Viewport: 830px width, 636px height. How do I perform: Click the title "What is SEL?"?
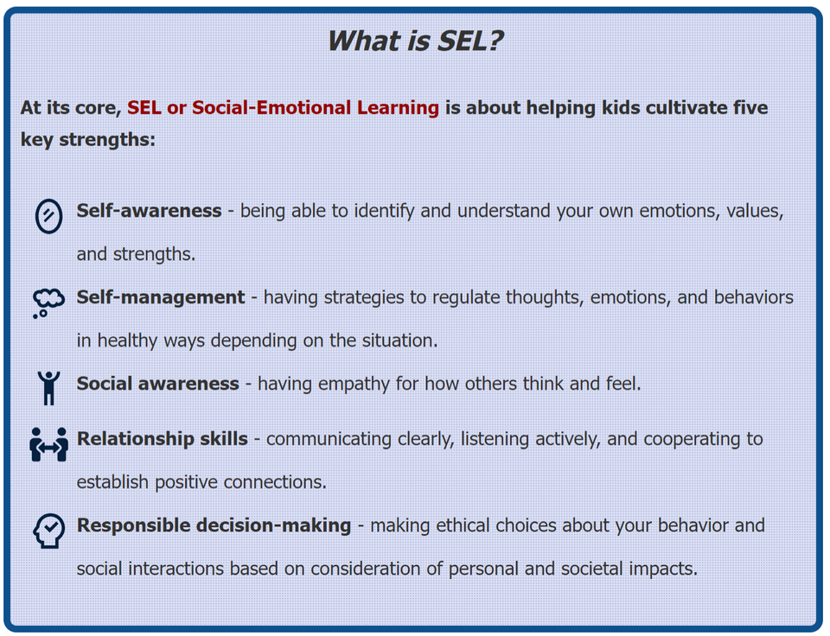pos(414,41)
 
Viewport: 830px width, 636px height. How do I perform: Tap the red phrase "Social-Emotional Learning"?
pos(315,108)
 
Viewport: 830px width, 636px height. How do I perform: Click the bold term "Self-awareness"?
pos(149,211)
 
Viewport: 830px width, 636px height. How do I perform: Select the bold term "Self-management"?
pos(161,297)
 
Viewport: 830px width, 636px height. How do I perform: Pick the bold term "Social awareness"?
pos(157,384)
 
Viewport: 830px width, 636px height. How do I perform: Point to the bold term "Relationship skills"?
pos(162,439)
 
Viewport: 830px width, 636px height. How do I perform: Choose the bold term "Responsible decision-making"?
pos(214,525)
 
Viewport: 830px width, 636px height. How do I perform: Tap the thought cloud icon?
pos(48,303)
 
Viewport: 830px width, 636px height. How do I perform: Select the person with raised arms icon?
pos(48,388)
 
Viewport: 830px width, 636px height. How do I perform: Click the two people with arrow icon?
pos(48,444)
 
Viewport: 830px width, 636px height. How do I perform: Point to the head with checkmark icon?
pos(48,531)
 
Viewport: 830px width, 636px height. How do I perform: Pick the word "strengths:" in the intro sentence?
pos(107,140)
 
